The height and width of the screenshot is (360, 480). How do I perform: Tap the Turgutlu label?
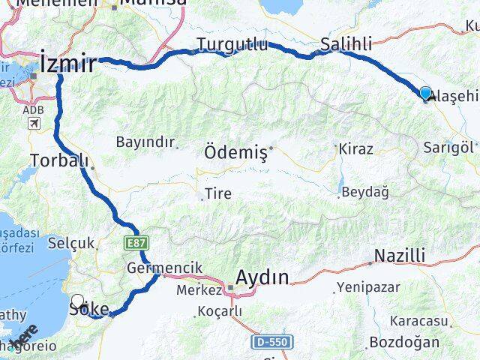click(232, 45)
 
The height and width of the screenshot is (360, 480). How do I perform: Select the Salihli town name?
click(346, 45)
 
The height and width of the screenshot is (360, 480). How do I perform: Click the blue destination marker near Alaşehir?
click(426, 94)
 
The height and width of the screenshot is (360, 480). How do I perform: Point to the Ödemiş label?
click(235, 153)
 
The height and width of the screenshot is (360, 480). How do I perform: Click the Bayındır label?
click(145, 142)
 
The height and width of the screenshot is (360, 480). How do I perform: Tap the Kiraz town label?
click(355, 148)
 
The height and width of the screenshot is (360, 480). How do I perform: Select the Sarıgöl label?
click(449, 147)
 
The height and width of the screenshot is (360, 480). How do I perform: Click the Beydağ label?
click(364, 193)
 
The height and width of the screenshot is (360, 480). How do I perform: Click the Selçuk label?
click(71, 243)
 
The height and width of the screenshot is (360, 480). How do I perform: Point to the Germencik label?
click(154, 268)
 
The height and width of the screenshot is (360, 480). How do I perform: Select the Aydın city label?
click(262, 278)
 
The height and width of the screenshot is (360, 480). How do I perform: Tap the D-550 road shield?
click(271, 342)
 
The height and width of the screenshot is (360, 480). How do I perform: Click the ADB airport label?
click(33, 110)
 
